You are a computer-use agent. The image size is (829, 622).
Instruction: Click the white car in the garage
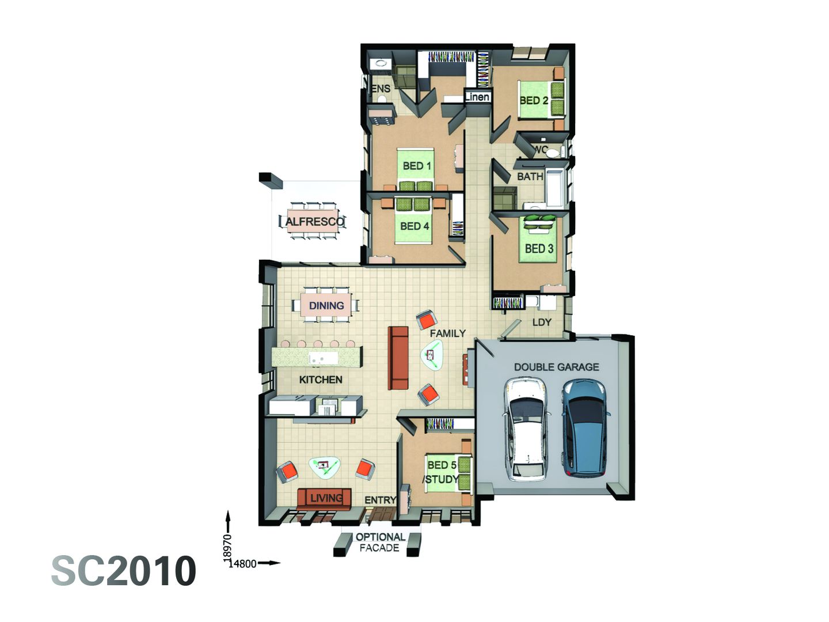point(525,429)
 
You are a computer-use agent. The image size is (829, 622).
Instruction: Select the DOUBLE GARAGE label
point(556,367)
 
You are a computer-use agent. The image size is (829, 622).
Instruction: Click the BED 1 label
point(417,166)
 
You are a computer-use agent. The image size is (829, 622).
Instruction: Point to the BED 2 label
point(534,100)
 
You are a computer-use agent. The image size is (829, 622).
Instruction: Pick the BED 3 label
point(539,249)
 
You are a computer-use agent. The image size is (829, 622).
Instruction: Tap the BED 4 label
point(414,226)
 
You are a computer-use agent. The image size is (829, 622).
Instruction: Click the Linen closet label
point(477,97)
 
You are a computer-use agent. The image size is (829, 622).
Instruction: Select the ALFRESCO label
point(315,222)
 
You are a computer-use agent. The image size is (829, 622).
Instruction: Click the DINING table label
point(326,305)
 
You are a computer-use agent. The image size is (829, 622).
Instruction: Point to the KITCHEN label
point(321,380)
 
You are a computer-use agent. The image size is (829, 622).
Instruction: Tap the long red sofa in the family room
point(398,358)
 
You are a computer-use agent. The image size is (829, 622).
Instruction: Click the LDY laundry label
point(542,322)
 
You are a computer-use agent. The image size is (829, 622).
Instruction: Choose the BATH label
point(530,176)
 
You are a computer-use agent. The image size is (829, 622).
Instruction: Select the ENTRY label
point(380,500)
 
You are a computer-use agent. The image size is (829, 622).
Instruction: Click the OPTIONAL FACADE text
point(379,543)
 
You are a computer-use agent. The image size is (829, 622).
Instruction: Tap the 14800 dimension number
point(242,564)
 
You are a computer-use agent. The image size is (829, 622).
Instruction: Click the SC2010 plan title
point(124,571)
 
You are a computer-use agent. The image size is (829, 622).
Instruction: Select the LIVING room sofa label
point(326,498)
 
